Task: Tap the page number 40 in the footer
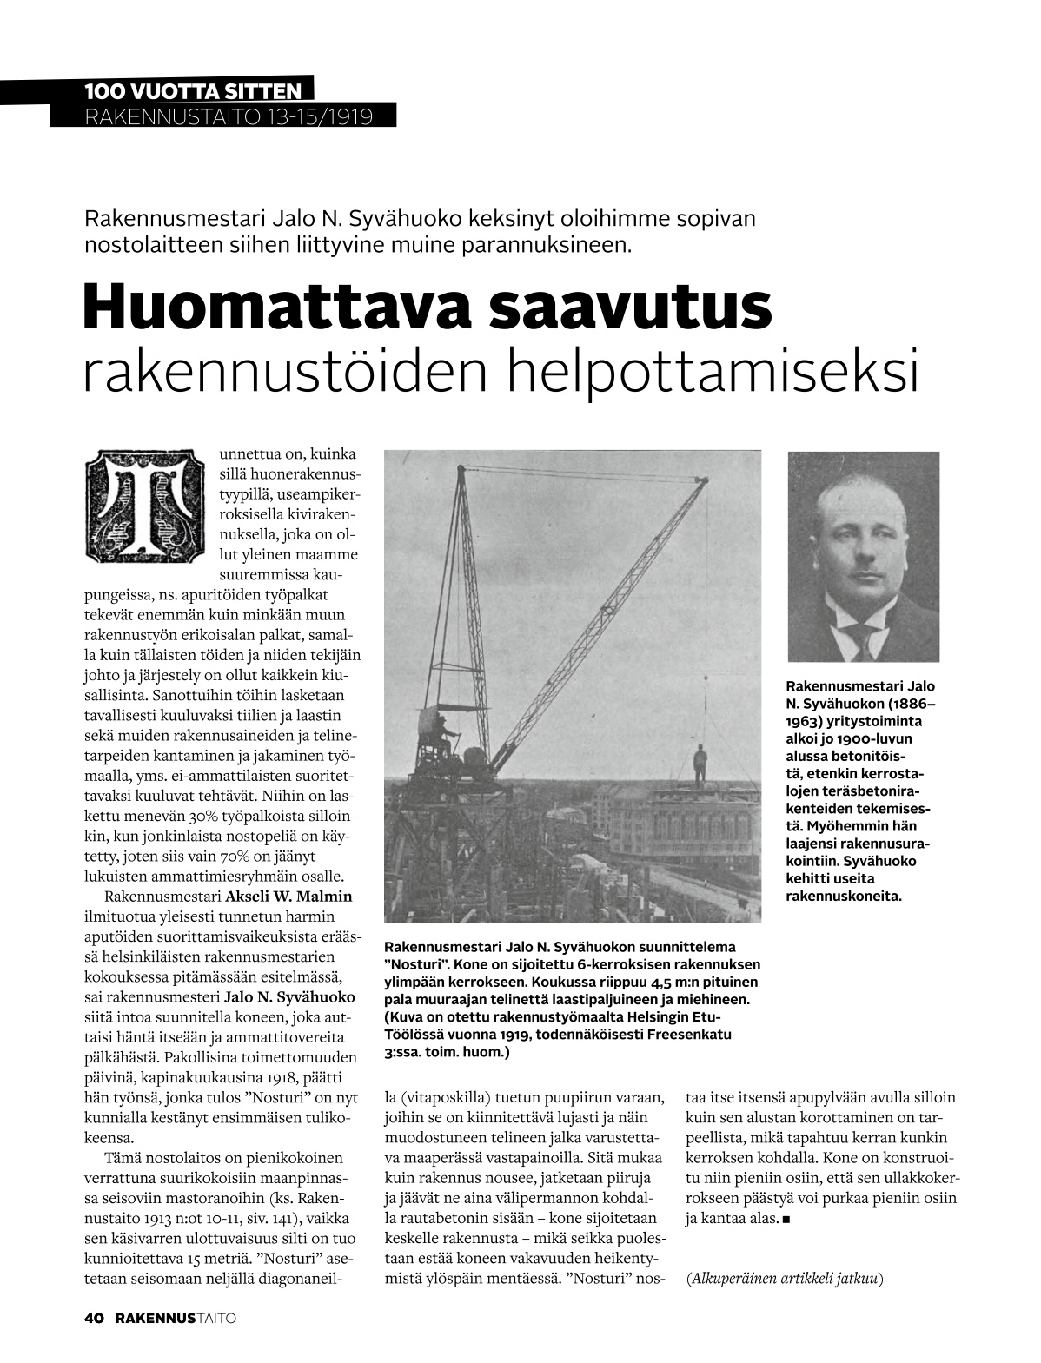pyautogui.click(x=94, y=1319)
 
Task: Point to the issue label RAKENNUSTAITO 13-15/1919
pyautogui.click(x=229, y=116)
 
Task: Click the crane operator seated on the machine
pyautogui.click(x=445, y=735)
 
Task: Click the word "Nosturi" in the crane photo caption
pyautogui.click(x=414, y=964)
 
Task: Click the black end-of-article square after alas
pyautogui.click(x=786, y=1220)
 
